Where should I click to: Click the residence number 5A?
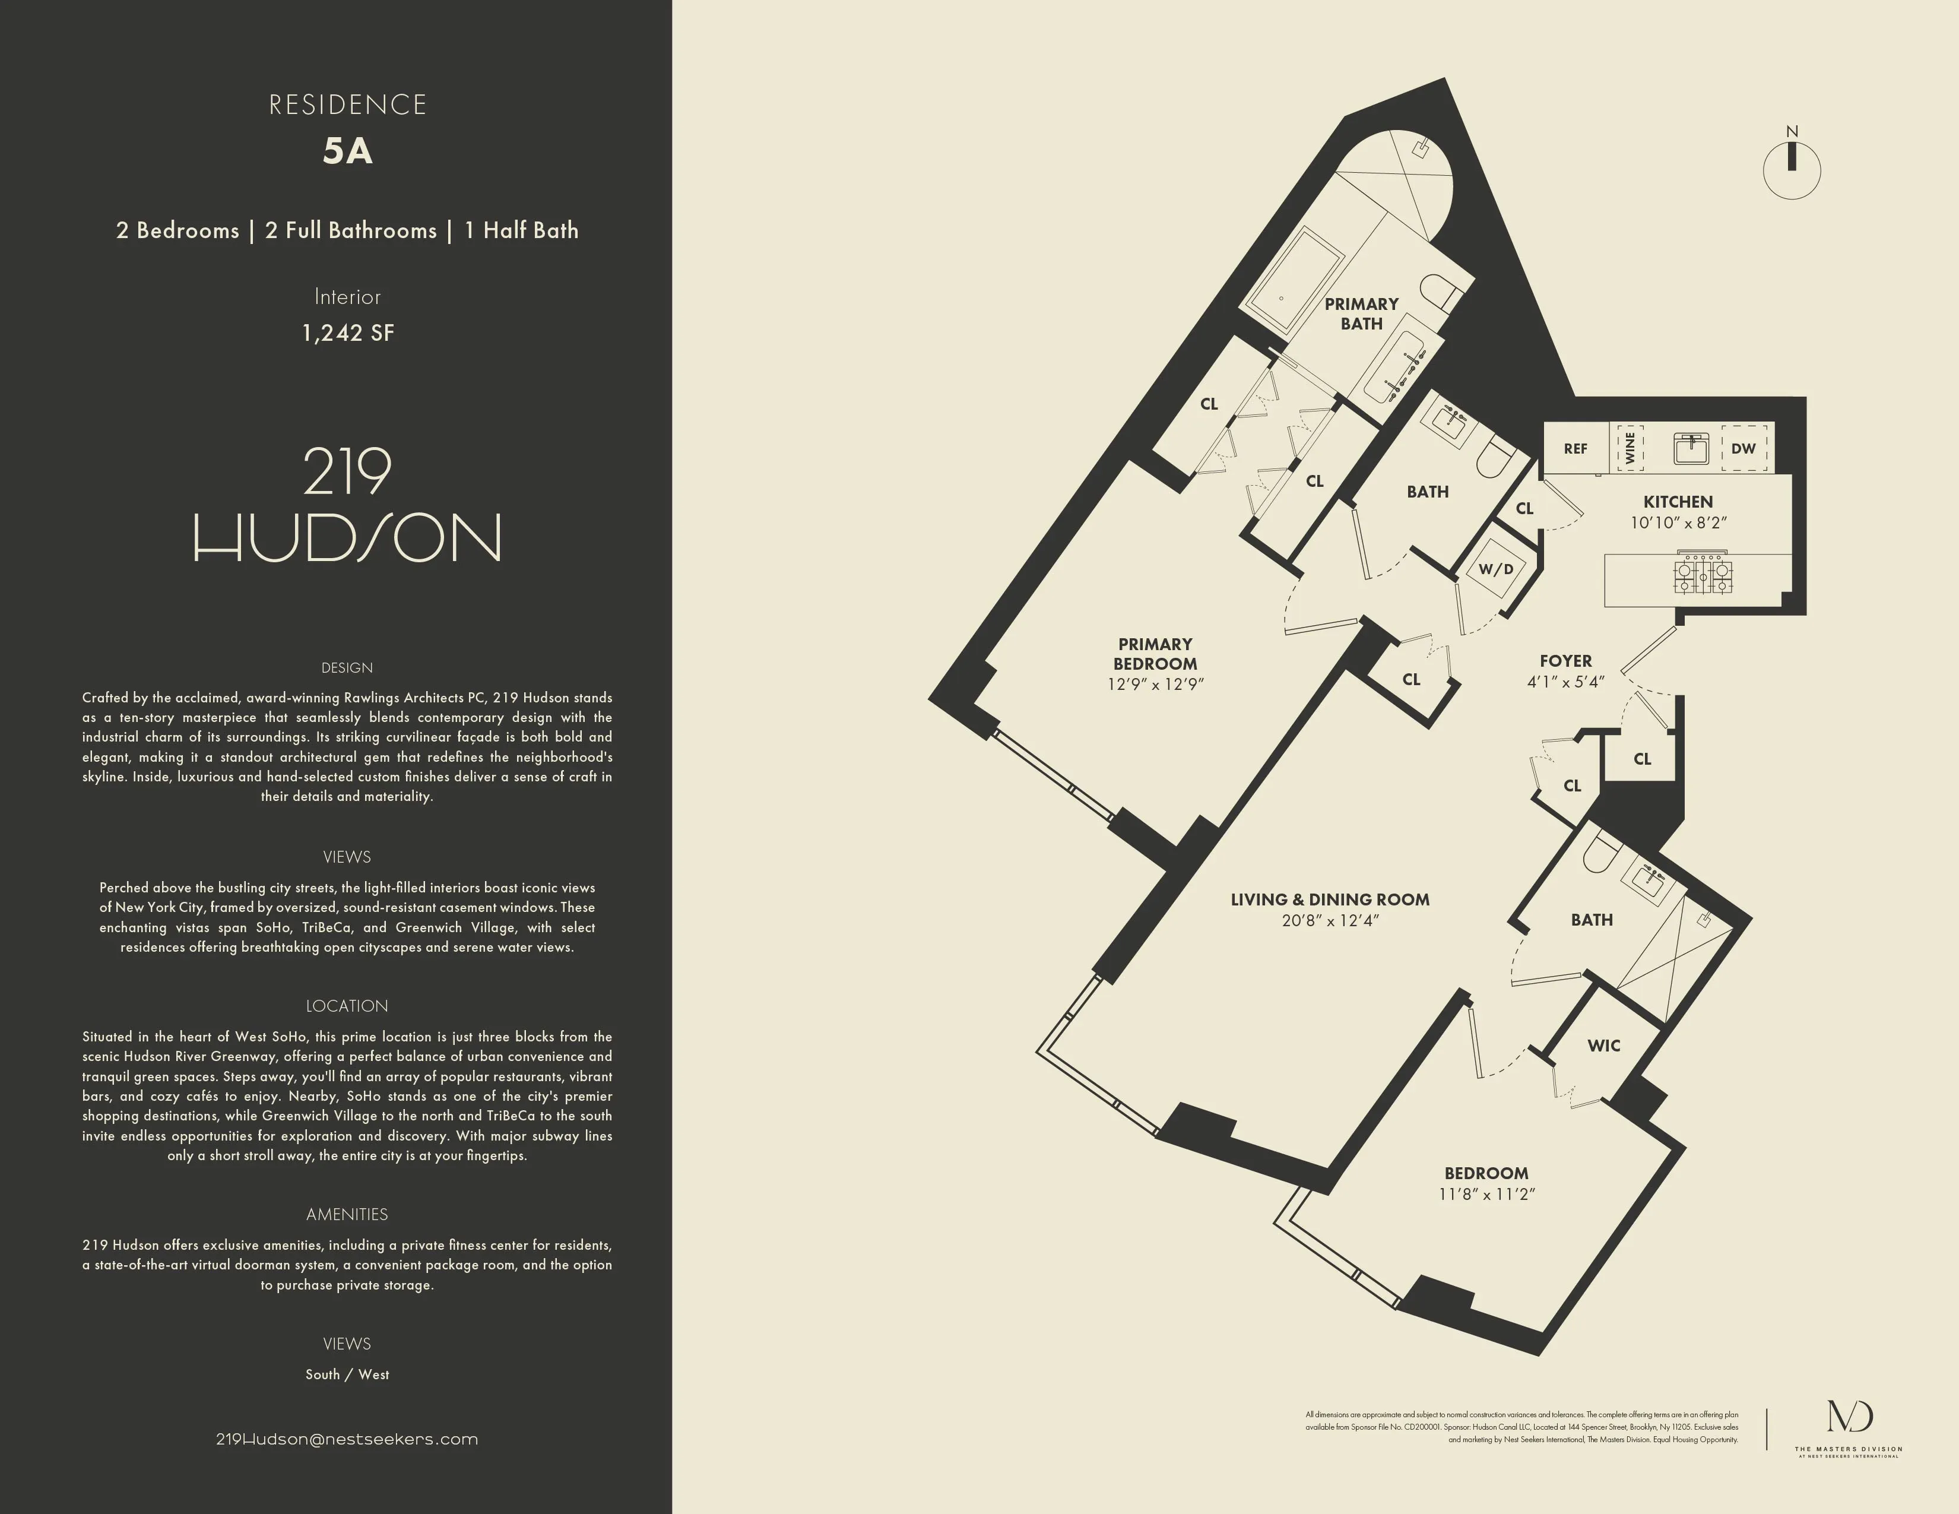pos(347,151)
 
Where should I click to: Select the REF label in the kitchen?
pos(1575,448)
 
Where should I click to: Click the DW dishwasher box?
pos(1744,448)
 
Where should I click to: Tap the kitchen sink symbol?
pos(1691,448)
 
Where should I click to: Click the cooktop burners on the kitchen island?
pos(1703,575)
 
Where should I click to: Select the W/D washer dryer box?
pos(1496,569)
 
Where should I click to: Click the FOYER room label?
pos(1565,661)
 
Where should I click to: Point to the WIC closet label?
pos(1604,1045)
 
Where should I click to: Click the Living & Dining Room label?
pos(1329,899)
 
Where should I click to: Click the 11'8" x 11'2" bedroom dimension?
pos(1486,1194)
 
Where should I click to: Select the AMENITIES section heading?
pos(347,1214)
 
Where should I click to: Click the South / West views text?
pos(347,1374)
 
